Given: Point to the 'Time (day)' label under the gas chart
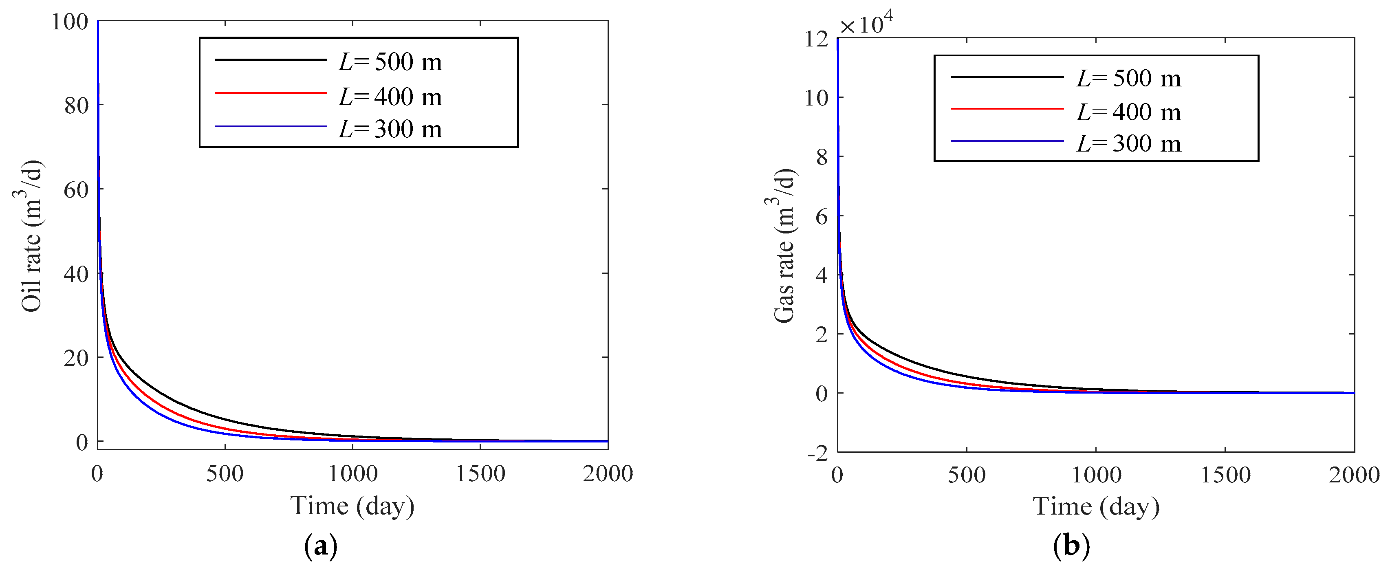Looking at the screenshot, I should coord(1096,507).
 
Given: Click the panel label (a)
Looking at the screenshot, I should coord(321,546).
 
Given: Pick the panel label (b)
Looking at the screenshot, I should coord(1071,546).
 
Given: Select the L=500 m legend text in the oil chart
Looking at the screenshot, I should coord(390,62).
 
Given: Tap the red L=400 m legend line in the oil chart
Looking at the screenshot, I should coord(271,93).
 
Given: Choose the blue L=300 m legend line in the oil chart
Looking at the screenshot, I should coord(271,127).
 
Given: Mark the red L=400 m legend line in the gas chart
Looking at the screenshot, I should coord(1007,109).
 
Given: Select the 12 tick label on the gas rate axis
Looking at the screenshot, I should coord(816,39).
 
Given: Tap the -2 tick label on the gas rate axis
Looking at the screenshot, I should coord(817,453).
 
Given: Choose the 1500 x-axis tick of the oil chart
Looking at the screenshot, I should coord(480,474).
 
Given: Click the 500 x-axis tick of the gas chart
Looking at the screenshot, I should coord(967,475).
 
